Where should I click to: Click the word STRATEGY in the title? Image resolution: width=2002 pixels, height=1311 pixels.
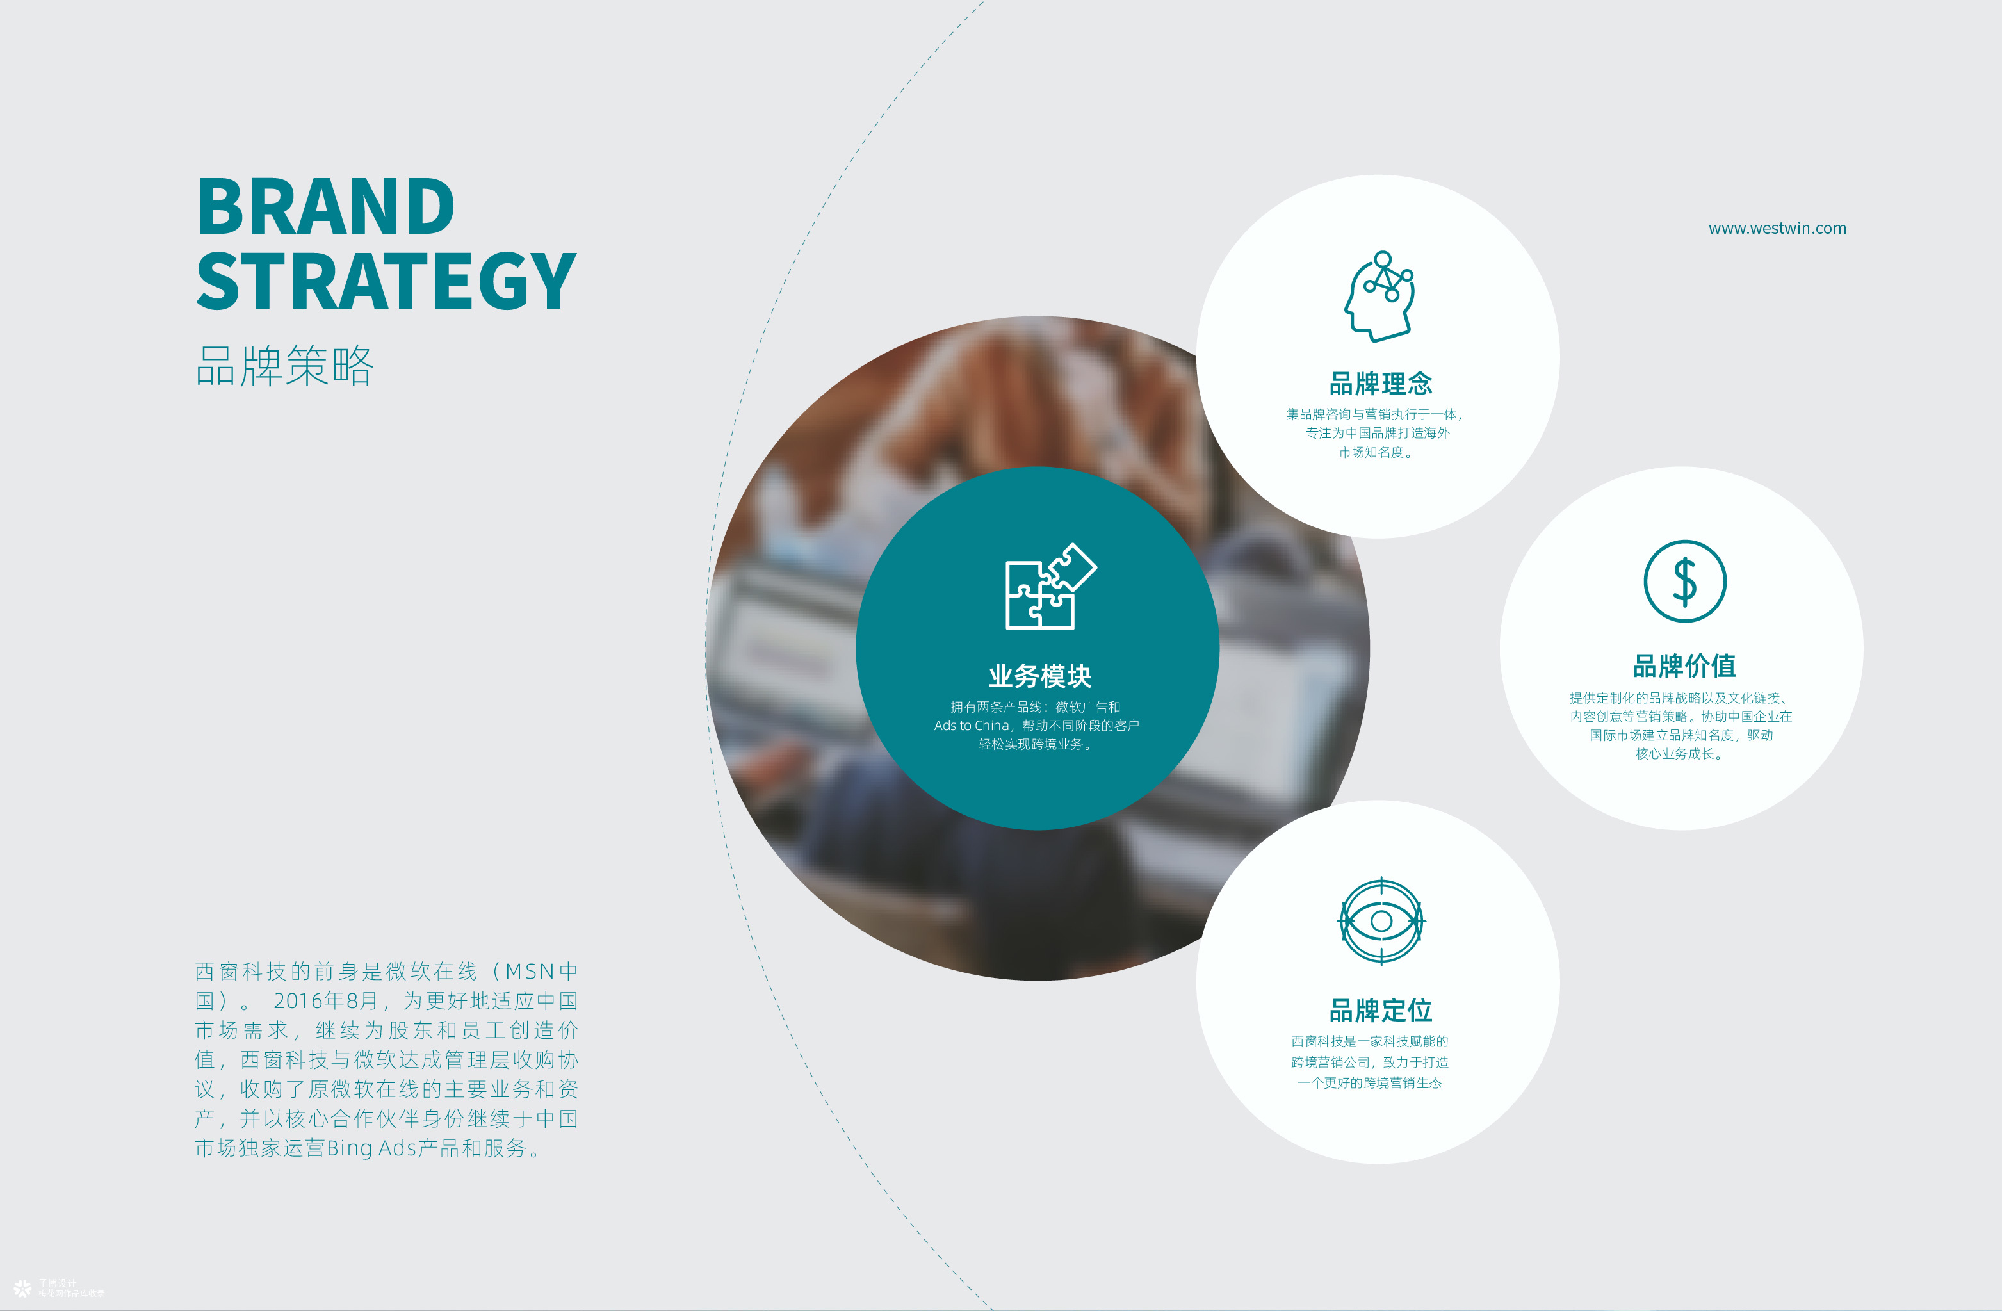[386, 281]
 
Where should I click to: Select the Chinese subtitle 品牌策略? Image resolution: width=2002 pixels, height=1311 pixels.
[284, 365]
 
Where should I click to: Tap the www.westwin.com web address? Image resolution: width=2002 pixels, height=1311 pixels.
[1777, 228]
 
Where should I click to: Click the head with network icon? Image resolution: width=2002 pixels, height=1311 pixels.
[1379, 296]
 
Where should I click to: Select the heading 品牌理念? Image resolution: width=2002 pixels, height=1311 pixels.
[1380, 384]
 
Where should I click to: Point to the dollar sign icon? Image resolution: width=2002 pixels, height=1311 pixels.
[1685, 582]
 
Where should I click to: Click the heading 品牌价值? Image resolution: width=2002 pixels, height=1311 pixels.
[1684, 665]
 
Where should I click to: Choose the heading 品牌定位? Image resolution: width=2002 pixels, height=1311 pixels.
[1380, 1010]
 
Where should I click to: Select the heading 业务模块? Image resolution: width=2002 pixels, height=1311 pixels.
[1039, 676]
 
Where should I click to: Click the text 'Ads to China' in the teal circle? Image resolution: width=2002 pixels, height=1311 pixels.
[972, 726]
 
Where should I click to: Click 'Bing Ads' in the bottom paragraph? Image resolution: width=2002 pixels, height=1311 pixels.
[371, 1148]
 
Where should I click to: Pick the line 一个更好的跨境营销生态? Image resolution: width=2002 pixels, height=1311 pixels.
[1369, 1083]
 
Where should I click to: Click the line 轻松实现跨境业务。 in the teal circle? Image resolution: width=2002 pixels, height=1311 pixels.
[1037, 744]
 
